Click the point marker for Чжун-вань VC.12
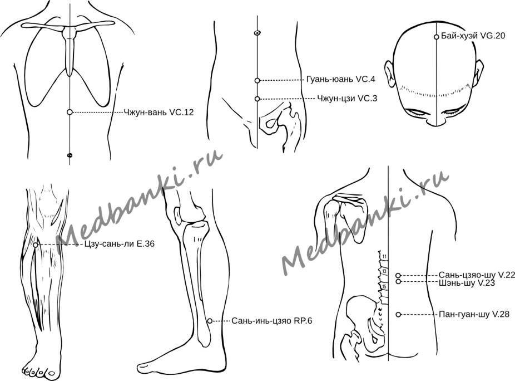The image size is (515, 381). (x=70, y=112)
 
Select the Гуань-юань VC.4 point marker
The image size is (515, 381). (x=257, y=80)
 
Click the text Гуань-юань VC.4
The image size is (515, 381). (x=339, y=80)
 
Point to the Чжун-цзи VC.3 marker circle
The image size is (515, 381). (x=257, y=99)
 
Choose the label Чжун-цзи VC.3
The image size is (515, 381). (x=346, y=99)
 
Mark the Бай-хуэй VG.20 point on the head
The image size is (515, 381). (x=437, y=37)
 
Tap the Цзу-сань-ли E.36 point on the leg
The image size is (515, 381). (x=36, y=245)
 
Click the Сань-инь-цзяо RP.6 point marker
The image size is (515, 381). (x=210, y=321)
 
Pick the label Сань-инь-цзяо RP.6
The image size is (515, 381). (x=271, y=321)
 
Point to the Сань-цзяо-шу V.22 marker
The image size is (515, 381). (x=398, y=275)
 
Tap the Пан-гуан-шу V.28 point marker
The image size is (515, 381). (x=398, y=315)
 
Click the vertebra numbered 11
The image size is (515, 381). (x=384, y=257)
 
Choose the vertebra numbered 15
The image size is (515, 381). (x=384, y=286)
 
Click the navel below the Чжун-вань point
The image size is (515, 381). (x=70, y=155)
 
